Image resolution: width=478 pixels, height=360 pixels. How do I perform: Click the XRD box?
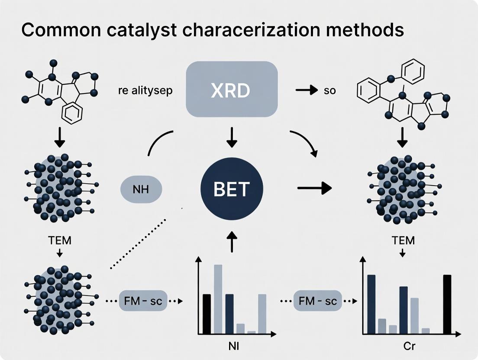click(231, 89)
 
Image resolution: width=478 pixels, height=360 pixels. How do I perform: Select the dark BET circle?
click(231, 188)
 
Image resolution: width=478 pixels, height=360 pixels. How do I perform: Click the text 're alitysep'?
click(145, 91)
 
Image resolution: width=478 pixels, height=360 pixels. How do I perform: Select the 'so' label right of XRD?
click(329, 91)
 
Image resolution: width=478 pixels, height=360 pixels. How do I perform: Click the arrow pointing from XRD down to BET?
click(232, 137)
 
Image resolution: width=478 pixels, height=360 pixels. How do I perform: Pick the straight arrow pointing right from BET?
click(314, 188)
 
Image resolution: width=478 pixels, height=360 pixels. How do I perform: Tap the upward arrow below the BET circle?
click(232, 241)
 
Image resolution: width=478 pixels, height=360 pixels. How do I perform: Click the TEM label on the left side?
click(60, 240)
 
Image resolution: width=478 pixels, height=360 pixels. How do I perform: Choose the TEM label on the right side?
click(402, 240)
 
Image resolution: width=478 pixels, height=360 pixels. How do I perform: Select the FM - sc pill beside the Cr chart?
click(317, 301)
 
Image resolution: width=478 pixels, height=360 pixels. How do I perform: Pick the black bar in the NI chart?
click(207, 314)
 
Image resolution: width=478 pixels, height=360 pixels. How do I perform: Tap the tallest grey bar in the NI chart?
click(218, 299)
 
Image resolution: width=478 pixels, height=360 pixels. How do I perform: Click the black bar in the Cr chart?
click(447, 304)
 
